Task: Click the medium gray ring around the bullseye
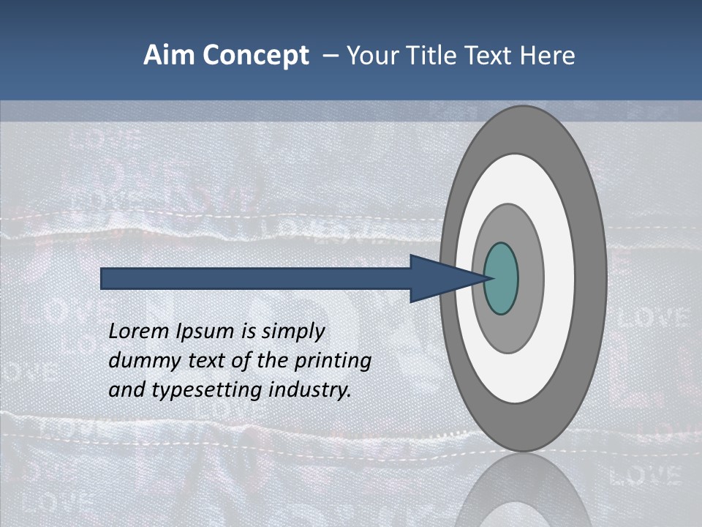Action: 530,279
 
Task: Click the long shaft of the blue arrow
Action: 256,279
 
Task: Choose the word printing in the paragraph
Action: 333,362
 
